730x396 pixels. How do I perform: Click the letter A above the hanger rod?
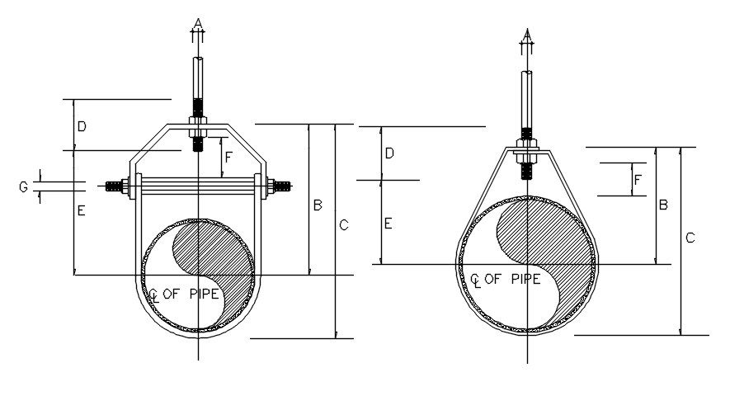197,21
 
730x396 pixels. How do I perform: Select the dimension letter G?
24,188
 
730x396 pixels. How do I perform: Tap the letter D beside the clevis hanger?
82,126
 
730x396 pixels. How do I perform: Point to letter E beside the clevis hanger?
82,211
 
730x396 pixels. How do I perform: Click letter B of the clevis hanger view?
318,205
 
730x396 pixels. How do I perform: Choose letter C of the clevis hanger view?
344,224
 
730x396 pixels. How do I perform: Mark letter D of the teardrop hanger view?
389,153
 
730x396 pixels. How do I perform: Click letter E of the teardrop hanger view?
389,223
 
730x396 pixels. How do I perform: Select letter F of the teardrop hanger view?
638,179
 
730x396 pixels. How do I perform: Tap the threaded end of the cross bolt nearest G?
116,186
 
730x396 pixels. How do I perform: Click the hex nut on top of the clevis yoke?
197,128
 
